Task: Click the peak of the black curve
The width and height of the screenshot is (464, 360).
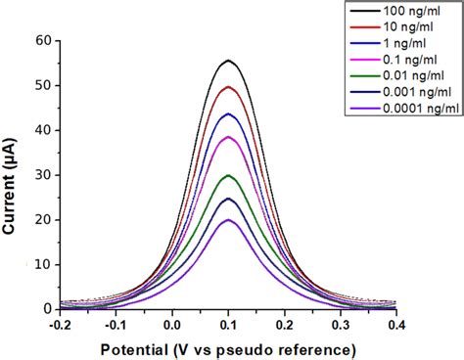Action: click(x=228, y=61)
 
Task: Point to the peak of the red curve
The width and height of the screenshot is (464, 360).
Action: click(x=228, y=87)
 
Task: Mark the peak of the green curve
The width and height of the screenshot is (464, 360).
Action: click(x=228, y=175)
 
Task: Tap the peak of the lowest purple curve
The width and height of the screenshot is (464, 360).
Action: click(x=228, y=220)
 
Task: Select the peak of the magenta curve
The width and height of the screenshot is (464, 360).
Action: click(x=228, y=137)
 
